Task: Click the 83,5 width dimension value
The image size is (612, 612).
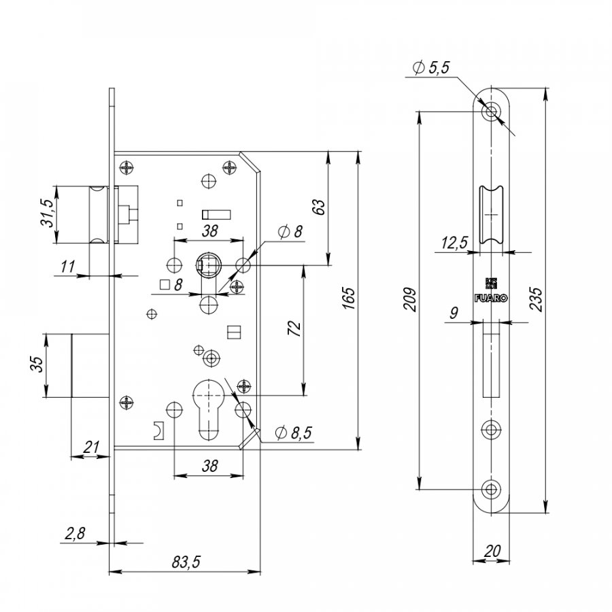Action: pyautogui.click(x=186, y=562)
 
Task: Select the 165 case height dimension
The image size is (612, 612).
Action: pyautogui.click(x=349, y=299)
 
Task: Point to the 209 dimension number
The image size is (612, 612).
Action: pyautogui.click(x=409, y=300)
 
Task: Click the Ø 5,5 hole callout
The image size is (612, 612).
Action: pyautogui.click(x=431, y=67)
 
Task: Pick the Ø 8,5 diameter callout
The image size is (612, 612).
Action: pyautogui.click(x=294, y=432)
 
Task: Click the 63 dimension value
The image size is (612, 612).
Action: pyautogui.click(x=319, y=207)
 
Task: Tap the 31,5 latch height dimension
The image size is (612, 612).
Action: pyautogui.click(x=47, y=213)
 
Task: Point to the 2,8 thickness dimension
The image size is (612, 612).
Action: pyautogui.click(x=75, y=533)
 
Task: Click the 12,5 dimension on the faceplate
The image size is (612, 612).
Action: pyautogui.click(x=454, y=243)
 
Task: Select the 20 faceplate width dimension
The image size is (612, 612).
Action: pyautogui.click(x=492, y=551)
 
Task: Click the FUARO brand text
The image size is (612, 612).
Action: pyautogui.click(x=491, y=299)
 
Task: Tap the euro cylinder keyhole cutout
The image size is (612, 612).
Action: pyautogui.click(x=209, y=409)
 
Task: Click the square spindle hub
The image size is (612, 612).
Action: pyautogui.click(x=209, y=265)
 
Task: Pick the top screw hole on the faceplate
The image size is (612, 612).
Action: pyautogui.click(x=491, y=112)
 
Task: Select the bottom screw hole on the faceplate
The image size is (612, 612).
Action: pyautogui.click(x=491, y=489)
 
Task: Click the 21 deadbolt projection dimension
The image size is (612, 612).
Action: pyautogui.click(x=91, y=447)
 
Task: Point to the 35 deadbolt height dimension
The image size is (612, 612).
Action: pyautogui.click(x=37, y=364)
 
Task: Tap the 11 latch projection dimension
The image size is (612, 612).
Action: pyautogui.click(x=68, y=267)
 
